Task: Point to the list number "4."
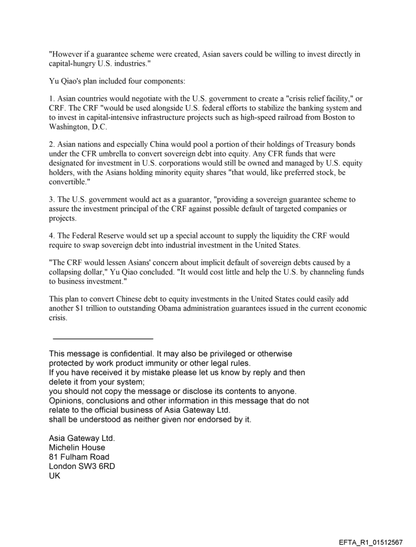(51, 236)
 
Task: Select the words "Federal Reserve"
(99, 236)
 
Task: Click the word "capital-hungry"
(71, 63)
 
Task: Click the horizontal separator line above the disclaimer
(102, 338)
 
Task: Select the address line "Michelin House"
(77, 447)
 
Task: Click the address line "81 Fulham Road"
(79, 456)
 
